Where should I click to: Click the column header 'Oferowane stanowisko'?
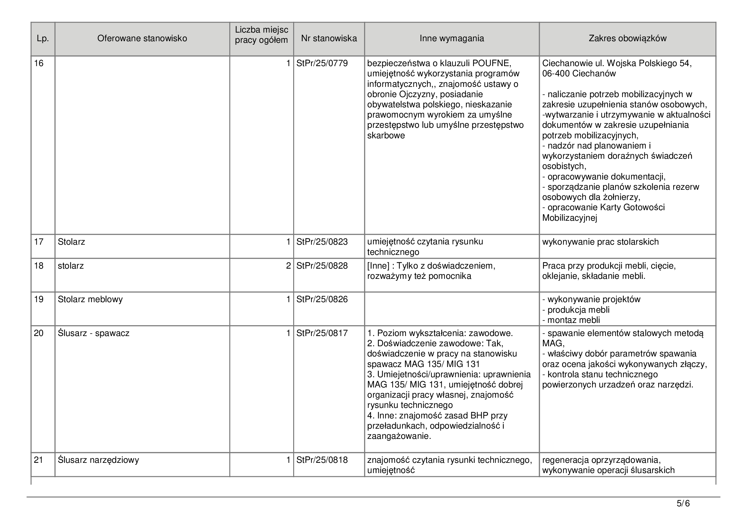pyautogui.click(x=142, y=38)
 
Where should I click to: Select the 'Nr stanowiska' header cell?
pyautogui.click(x=329, y=38)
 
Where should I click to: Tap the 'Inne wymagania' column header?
pyautogui.click(x=452, y=38)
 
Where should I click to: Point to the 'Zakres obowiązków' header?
pyautogui.click(x=627, y=38)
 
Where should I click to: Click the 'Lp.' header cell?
pyautogui.click(x=42, y=39)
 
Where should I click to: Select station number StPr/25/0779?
pyautogui.click(x=322, y=63)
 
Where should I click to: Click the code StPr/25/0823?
pyautogui.click(x=322, y=242)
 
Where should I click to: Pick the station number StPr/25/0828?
pyautogui.click(x=322, y=266)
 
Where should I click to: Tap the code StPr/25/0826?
pyautogui.click(x=322, y=299)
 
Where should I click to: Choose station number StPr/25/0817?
pyautogui.click(x=322, y=333)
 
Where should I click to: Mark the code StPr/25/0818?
pyautogui.click(x=322, y=460)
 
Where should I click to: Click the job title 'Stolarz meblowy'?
pyautogui.click(x=90, y=299)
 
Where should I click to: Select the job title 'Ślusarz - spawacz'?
pyautogui.click(x=93, y=333)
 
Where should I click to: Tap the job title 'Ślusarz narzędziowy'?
pyautogui.click(x=98, y=460)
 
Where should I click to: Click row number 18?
pyautogui.click(x=39, y=266)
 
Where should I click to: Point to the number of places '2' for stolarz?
pyautogui.click(x=288, y=266)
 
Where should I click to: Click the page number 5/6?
pyautogui.click(x=683, y=504)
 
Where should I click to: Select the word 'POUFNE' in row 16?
pyautogui.click(x=491, y=63)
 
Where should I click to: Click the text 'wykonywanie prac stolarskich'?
pyautogui.click(x=600, y=242)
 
